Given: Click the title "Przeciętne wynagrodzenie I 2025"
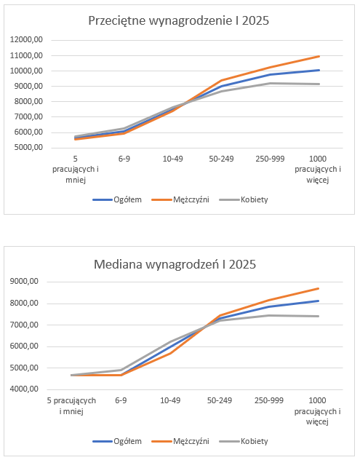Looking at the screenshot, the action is [178, 21].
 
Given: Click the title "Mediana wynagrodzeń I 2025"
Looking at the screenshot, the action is [175, 264].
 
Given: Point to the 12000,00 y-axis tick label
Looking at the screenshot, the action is [26, 39].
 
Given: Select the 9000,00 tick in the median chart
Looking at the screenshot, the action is [24, 282].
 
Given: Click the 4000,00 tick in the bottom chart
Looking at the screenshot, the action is [24, 389].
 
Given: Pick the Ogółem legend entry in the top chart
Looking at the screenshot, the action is [117, 199].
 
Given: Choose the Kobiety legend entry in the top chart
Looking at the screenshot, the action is [244, 199].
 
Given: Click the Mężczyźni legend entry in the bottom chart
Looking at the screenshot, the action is [180, 442].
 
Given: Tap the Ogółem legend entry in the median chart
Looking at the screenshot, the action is [117, 442].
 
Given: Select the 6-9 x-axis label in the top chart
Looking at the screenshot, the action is [124, 159].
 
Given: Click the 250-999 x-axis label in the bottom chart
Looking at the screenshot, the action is [269, 400].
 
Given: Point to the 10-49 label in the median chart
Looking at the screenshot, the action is [170, 400].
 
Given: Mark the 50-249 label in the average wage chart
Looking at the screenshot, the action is [221, 159].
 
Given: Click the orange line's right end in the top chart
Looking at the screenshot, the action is [319, 56].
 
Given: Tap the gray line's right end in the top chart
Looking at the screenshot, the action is [319, 84].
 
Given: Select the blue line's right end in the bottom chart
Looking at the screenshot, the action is [318, 301].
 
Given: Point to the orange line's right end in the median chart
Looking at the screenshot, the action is [318, 289].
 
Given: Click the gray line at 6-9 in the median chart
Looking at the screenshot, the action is [121, 370].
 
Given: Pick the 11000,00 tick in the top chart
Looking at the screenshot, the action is [26, 55].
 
